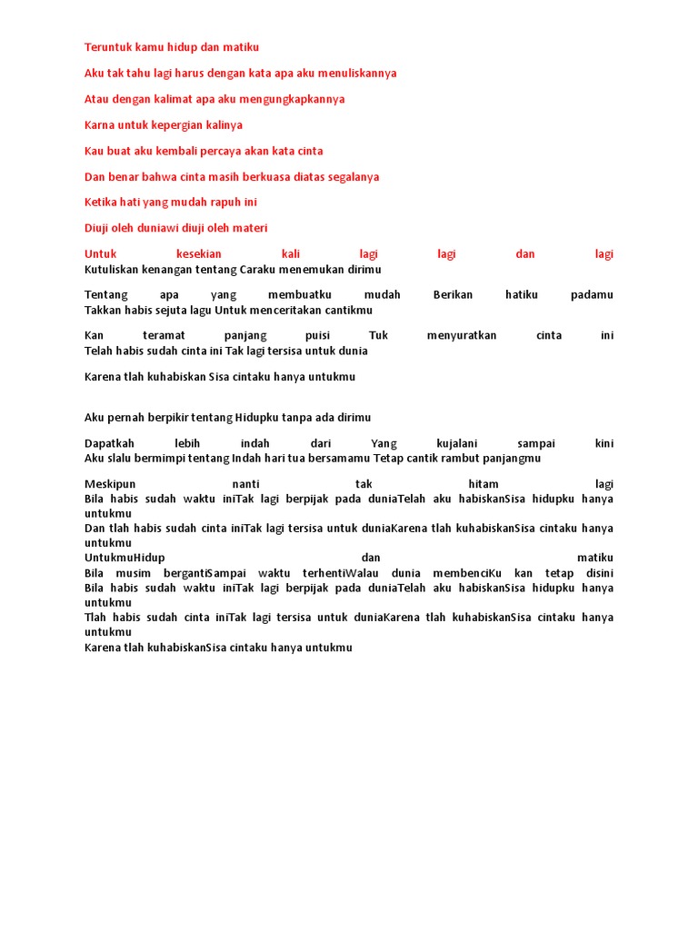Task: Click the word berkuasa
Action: pyautogui.click(x=259, y=176)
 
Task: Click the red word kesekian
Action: pyautogui.click(x=199, y=254)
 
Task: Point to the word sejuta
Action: pyautogui.click(x=191, y=310)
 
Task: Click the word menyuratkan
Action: pyautogui.click(x=462, y=335)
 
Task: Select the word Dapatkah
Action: pyautogui.click(x=109, y=443)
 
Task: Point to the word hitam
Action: pyautogui.click(x=482, y=484)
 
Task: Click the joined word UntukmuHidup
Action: pyautogui.click(x=125, y=557)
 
